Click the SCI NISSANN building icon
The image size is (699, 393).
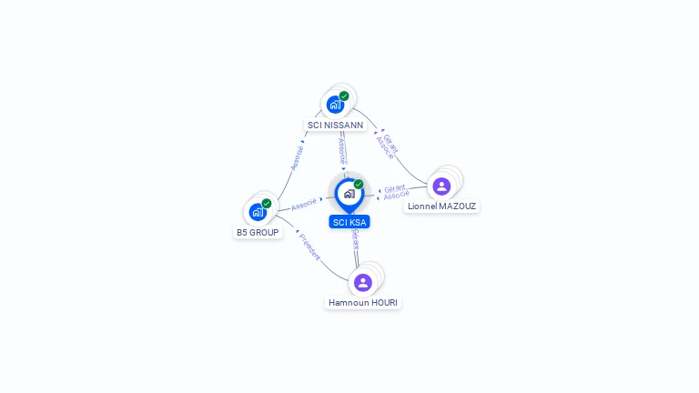pyautogui.click(x=335, y=105)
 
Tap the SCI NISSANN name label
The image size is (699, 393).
pyautogui.click(x=335, y=126)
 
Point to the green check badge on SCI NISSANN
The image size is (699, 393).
pyautogui.click(x=344, y=96)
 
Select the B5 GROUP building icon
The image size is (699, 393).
pyautogui.click(x=258, y=212)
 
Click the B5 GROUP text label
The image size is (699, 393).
pyautogui.click(x=258, y=233)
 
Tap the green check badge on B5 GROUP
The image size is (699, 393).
pyautogui.click(x=267, y=203)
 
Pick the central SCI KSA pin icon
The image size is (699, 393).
pyautogui.click(x=349, y=194)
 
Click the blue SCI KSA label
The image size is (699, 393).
pyautogui.click(x=349, y=222)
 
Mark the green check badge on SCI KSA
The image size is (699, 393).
pyautogui.click(x=359, y=184)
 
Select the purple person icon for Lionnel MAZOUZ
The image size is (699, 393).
pyautogui.click(x=441, y=186)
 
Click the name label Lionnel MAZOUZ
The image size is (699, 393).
pyautogui.click(x=441, y=207)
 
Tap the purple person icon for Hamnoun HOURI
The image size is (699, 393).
pyautogui.click(x=363, y=282)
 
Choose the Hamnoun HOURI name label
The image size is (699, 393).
pyautogui.click(x=363, y=303)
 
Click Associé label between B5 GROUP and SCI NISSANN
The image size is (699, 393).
pyautogui.click(x=297, y=156)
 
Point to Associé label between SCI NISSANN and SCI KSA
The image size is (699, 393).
pyautogui.click(x=341, y=150)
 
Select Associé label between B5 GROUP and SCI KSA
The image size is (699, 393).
pyautogui.click(x=304, y=204)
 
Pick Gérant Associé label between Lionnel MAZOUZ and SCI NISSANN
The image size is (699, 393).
pyautogui.click(x=388, y=146)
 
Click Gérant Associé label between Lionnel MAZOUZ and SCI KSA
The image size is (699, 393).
pyautogui.click(x=395, y=191)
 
